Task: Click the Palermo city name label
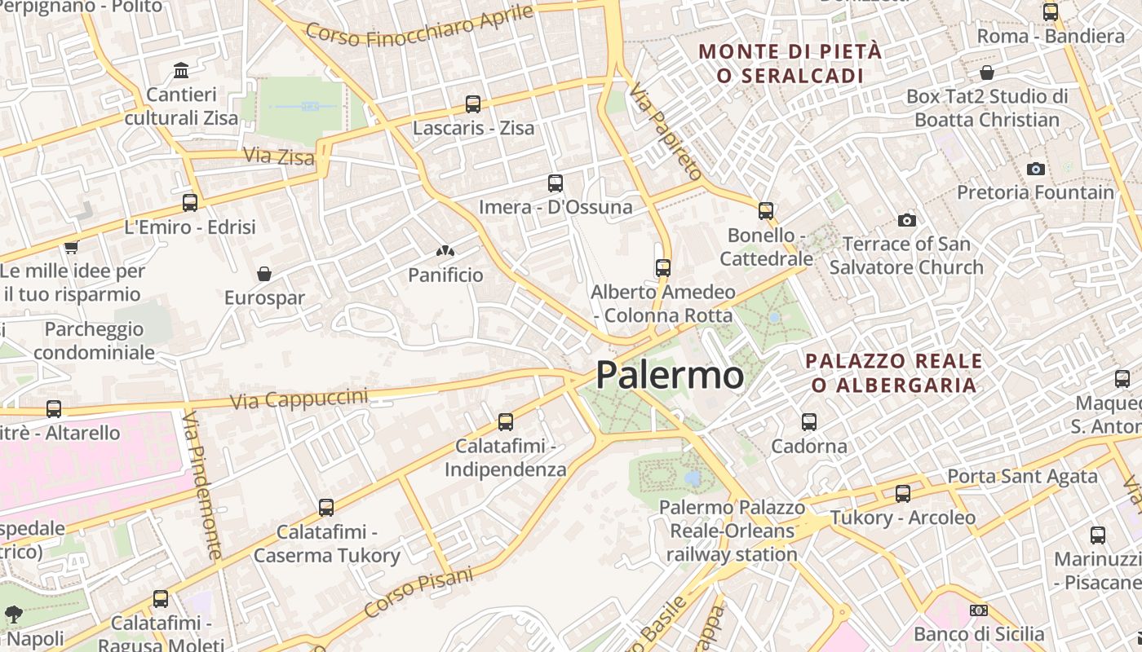[x=669, y=376]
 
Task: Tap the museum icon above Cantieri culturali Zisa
[x=181, y=70]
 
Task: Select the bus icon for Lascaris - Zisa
[x=473, y=104]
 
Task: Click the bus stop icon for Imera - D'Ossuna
[x=556, y=183]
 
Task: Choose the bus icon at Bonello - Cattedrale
[x=765, y=211]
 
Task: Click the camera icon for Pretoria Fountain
[x=1036, y=169]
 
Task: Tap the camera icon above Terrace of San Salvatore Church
[x=906, y=220]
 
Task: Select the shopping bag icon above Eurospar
[x=263, y=274]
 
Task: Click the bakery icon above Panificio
[x=445, y=252]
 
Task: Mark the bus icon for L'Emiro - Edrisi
[x=190, y=203]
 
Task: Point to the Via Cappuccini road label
[x=299, y=399]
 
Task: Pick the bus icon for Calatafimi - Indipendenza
[x=506, y=422]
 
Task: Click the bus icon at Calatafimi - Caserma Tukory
[x=326, y=508]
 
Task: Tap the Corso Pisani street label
[x=418, y=593]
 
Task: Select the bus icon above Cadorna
[x=809, y=422]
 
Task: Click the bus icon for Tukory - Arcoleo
[x=902, y=494]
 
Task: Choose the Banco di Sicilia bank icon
[x=979, y=610]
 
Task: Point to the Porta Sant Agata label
[x=1022, y=477]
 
